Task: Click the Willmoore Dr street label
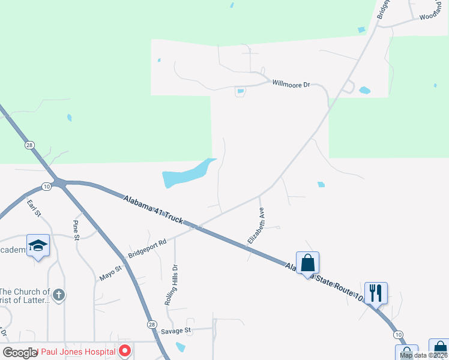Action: click(291, 85)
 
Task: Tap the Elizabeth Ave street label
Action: click(256, 226)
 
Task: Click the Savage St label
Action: click(175, 331)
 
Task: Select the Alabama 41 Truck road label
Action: click(153, 209)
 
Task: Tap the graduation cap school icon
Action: click(38, 246)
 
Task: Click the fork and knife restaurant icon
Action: click(376, 293)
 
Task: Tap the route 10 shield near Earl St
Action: click(47, 187)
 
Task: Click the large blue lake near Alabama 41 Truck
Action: click(186, 175)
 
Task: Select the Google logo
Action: click(20, 353)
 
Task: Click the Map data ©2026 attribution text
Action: click(423, 355)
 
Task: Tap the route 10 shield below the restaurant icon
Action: click(398, 334)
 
